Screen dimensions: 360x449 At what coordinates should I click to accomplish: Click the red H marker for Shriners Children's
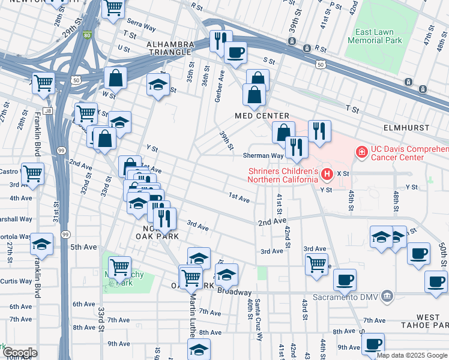[327, 175]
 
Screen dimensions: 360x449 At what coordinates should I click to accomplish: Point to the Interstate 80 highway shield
[88, 35]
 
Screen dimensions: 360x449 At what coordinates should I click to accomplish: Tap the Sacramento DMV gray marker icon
[387, 295]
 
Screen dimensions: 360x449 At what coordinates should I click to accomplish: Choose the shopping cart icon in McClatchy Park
[120, 266]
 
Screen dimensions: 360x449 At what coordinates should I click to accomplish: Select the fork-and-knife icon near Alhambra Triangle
[221, 40]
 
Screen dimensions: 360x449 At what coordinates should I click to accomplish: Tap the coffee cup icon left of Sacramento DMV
[345, 280]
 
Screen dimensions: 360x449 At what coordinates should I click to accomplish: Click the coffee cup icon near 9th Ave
[373, 344]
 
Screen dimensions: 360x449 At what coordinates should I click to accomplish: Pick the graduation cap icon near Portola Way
[42, 244]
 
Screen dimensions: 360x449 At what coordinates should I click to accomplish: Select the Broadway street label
[234, 292]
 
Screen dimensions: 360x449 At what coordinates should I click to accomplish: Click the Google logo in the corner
[19, 353]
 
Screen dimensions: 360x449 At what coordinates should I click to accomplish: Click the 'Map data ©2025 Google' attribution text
[412, 355]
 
